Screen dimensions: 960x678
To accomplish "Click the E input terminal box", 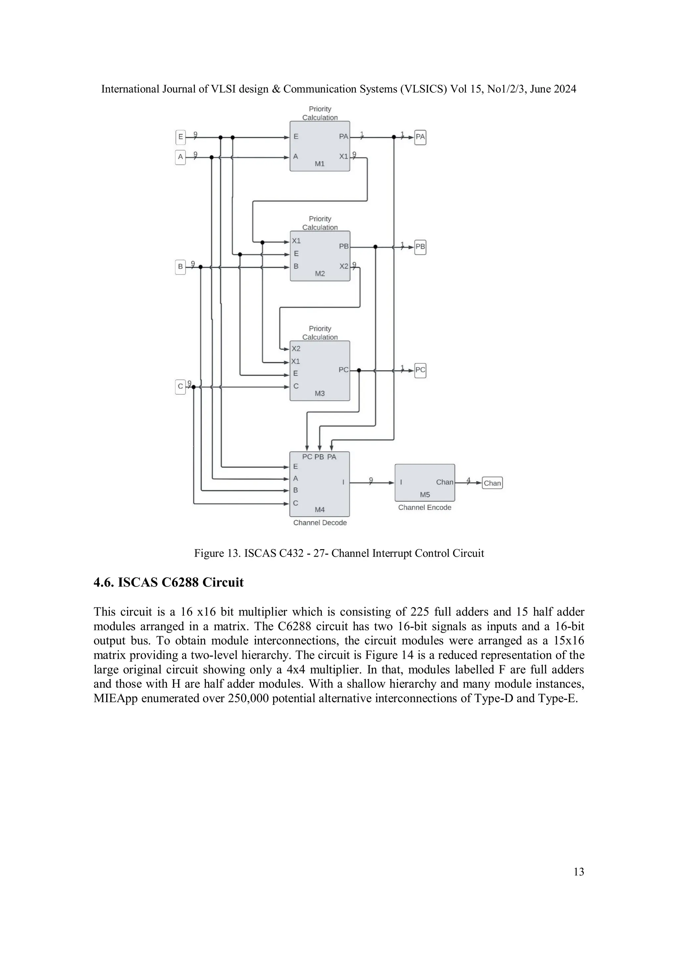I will [180, 137].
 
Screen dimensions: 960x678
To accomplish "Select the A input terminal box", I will [180, 157].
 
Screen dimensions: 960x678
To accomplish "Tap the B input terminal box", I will [180, 267].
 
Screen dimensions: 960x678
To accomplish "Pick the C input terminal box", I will [180, 386].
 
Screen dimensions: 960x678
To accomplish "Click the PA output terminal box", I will [420, 137].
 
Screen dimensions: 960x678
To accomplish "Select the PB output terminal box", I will [420, 247].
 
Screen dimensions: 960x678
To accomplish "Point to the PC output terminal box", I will [420, 370].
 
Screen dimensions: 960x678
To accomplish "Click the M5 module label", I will [425, 495].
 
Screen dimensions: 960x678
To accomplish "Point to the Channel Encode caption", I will [425, 507].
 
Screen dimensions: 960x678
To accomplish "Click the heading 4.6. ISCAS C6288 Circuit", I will [169, 583].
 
